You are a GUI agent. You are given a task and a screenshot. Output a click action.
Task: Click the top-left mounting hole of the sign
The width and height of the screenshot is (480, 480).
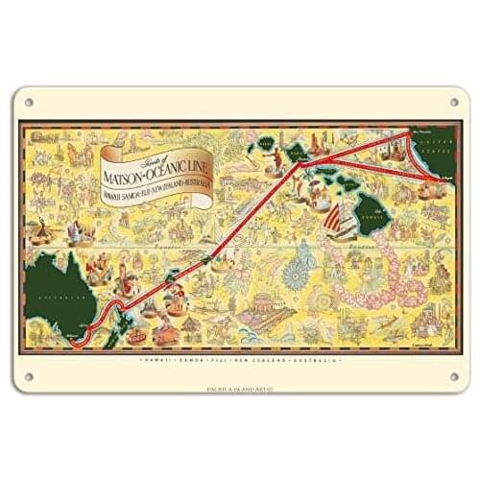coord(27,102)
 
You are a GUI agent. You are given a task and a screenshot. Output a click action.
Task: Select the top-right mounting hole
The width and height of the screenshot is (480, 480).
coord(453,102)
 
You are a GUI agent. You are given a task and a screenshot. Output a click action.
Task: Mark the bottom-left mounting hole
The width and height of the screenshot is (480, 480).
coord(27,375)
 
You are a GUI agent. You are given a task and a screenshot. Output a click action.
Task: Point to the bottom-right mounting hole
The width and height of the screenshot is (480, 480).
coord(453,375)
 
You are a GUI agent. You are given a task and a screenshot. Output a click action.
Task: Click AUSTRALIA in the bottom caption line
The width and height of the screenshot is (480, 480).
coord(318,358)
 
